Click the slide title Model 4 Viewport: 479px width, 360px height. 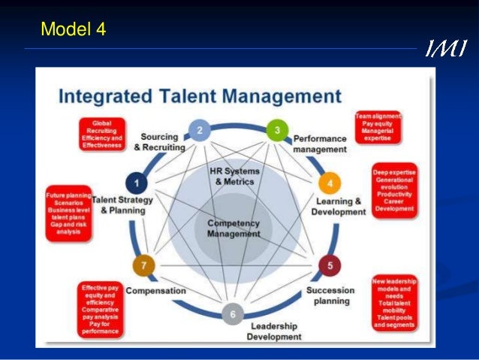pyautogui.click(x=74, y=30)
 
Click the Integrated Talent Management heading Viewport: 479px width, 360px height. pyautogui.click(x=200, y=97)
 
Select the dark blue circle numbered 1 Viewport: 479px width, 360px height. pyautogui.click(x=136, y=182)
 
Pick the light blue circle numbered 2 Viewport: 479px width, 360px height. pyautogui.click(x=199, y=130)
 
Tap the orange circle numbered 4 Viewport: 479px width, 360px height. pyautogui.click(x=328, y=183)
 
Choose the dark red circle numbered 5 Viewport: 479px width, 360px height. pyautogui.click(x=328, y=265)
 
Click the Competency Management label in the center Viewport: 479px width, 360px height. pyautogui.click(x=233, y=228)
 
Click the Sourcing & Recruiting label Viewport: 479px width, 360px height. pyautogui.click(x=160, y=142)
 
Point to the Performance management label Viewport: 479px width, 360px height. pyautogui.click(x=320, y=144)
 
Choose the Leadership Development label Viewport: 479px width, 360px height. pyautogui.click(x=275, y=331)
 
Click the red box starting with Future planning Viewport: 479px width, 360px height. pyautogui.click(x=67, y=213)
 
